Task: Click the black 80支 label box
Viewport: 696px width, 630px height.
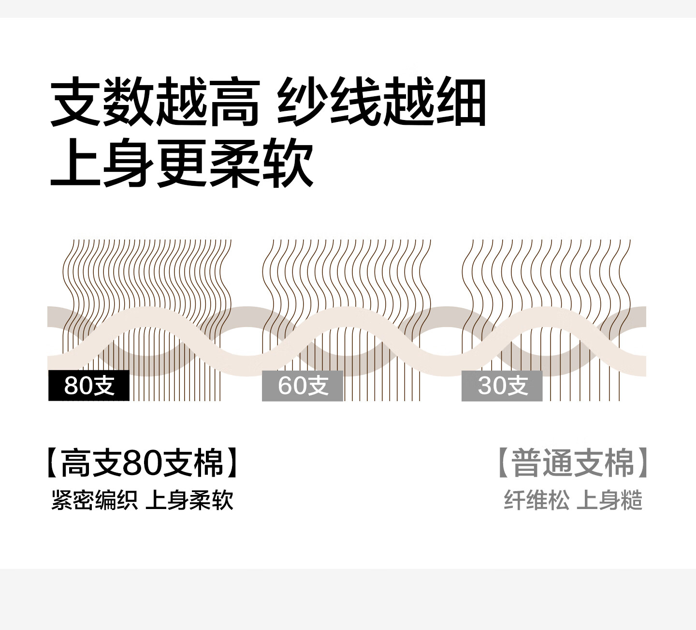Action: (89, 386)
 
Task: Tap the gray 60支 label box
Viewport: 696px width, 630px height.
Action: (303, 386)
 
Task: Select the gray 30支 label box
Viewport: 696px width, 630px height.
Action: (502, 386)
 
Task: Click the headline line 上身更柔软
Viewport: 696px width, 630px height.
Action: (182, 163)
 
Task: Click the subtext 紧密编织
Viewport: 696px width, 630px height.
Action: (94, 500)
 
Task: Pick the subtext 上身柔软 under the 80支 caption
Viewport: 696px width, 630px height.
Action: (189, 500)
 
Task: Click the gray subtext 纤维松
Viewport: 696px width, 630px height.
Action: (537, 500)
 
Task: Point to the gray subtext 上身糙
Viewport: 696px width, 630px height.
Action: (609, 500)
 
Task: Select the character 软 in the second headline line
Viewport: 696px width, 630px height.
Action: (288, 163)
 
